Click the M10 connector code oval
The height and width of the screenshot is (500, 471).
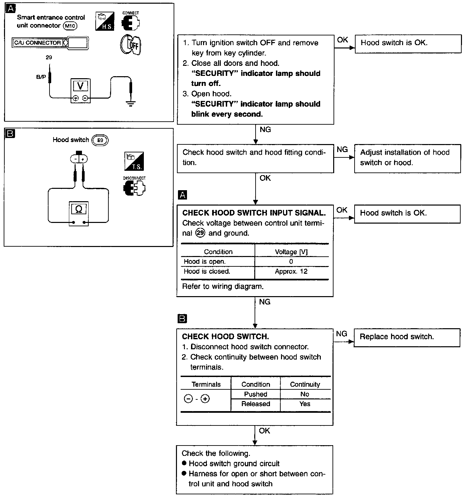point(70,26)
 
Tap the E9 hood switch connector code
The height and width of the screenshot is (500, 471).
point(100,140)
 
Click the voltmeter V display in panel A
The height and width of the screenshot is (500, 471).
point(80,86)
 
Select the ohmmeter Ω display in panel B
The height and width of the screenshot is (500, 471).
point(79,209)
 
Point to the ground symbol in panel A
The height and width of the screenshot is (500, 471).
point(130,104)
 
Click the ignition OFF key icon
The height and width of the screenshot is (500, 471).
point(130,45)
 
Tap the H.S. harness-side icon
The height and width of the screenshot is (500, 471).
point(105,21)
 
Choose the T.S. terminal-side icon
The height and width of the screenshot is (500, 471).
point(134,161)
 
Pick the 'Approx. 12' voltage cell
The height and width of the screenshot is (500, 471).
point(291,271)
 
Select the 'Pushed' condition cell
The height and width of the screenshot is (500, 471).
point(256,394)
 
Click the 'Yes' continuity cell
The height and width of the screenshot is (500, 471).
point(305,404)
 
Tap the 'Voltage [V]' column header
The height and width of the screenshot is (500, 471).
point(291,252)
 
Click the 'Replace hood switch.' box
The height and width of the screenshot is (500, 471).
point(407,338)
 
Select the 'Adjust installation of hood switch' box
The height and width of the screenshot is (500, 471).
point(407,158)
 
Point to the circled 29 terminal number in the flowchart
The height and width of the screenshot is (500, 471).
point(200,233)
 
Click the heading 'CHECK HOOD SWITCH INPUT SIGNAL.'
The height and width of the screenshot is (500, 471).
point(254,213)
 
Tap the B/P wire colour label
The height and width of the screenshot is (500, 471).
point(41,77)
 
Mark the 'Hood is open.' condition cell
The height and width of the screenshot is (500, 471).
point(205,262)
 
